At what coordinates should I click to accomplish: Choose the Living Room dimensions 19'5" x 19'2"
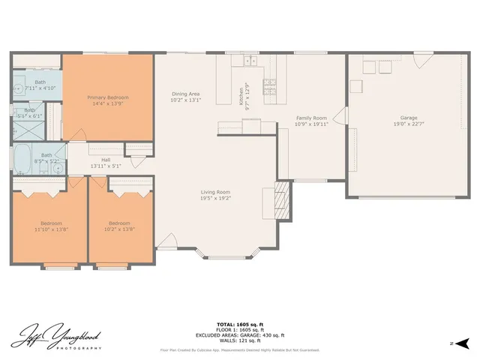point(215,198)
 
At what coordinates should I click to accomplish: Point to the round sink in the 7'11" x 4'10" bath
point(18,88)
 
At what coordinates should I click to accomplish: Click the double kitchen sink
point(250,61)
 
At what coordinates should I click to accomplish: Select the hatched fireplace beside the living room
point(282,199)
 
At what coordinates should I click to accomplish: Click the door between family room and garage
point(340,116)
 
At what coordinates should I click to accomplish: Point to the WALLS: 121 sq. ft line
point(239,341)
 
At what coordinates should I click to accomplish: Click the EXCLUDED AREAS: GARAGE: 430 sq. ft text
point(239,335)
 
